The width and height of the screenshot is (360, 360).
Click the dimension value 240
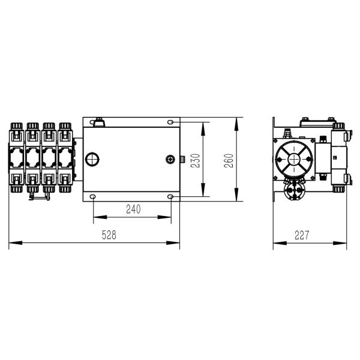pos(133,209)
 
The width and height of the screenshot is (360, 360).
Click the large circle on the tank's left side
pos(94,159)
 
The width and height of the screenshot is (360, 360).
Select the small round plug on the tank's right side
pos(169,159)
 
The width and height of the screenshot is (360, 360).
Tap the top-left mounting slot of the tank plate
pos(92,122)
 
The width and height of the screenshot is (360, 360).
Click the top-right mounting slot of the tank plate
pos(172,122)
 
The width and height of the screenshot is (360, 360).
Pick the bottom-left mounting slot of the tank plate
pos(92,197)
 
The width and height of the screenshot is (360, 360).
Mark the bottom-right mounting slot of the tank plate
pos(172,197)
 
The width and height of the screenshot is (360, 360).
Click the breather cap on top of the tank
pos(98,124)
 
